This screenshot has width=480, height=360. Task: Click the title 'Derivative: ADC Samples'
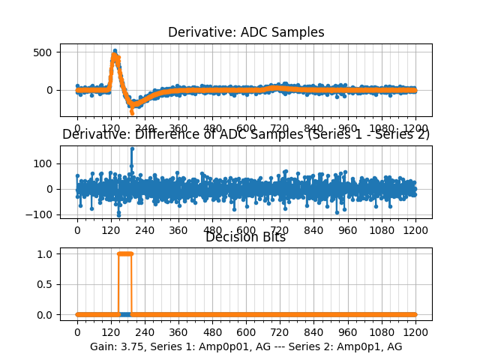246,32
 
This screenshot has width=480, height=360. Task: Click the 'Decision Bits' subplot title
246,237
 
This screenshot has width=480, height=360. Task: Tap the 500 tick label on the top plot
43,52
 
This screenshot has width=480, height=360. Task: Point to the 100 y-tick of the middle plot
43,163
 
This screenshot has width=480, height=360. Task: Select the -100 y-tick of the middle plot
41,214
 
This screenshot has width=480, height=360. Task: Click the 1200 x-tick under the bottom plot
415,331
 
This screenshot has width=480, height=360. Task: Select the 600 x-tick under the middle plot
246,229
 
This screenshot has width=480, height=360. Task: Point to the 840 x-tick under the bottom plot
314,331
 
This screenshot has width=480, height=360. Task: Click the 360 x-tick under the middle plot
178,229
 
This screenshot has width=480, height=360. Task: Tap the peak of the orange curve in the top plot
115,55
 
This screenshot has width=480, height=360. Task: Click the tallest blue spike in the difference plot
132,148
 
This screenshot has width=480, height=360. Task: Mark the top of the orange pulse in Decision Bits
125,253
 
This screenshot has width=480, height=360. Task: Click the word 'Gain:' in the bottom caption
104,346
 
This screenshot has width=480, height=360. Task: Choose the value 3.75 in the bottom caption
133,346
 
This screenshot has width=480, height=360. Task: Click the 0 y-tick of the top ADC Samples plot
49,90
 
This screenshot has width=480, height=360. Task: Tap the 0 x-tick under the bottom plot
77,331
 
